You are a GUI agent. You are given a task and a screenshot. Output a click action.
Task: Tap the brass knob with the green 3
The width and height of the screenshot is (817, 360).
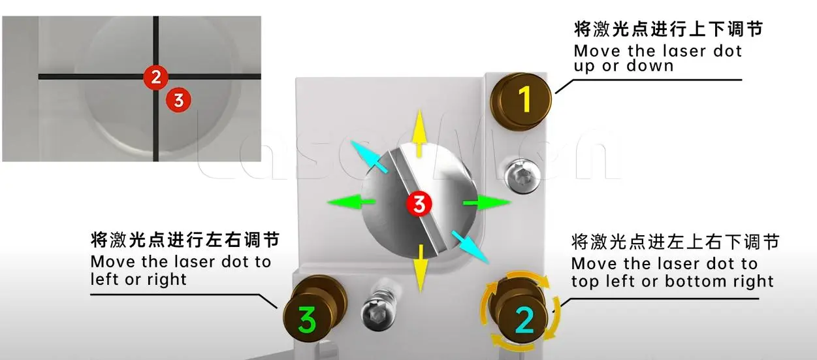(308, 319)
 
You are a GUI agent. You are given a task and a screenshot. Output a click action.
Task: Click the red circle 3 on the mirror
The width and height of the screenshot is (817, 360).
(418, 204)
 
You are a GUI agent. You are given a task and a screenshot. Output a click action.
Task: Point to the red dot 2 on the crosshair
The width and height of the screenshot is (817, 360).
(155, 77)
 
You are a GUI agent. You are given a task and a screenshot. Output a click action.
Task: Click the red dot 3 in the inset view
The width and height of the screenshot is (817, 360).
(179, 100)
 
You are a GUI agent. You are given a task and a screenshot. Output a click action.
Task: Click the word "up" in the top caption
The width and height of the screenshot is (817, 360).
(584, 67)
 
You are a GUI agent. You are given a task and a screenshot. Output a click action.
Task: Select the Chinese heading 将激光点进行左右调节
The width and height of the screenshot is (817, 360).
(185, 241)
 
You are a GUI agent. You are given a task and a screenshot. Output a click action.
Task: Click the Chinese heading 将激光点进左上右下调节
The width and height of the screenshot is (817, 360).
(675, 242)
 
